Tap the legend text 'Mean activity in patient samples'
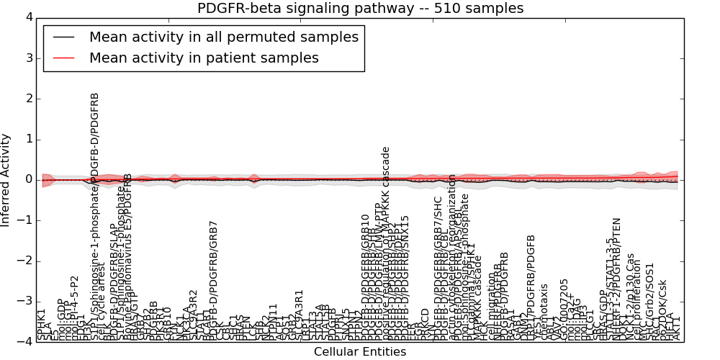[204, 58]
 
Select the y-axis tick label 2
[29, 99]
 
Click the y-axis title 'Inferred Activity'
[6, 180]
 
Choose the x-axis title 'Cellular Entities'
[359, 352]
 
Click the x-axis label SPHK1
[42, 324]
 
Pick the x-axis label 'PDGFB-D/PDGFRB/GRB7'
[213, 280]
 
